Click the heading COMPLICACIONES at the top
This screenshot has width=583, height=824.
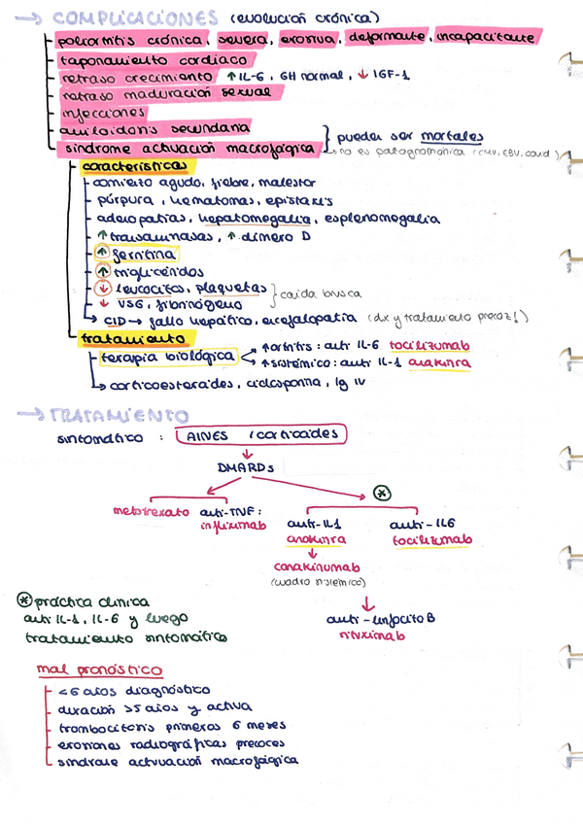point(135,18)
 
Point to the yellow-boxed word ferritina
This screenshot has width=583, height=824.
point(144,254)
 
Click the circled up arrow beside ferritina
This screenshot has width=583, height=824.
point(102,254)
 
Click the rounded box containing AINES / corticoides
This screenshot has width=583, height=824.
point(257,436)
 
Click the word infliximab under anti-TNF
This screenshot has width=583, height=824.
point(225,528)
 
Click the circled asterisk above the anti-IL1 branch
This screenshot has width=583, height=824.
point(383,493)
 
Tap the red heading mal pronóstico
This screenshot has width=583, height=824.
point(99,670)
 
